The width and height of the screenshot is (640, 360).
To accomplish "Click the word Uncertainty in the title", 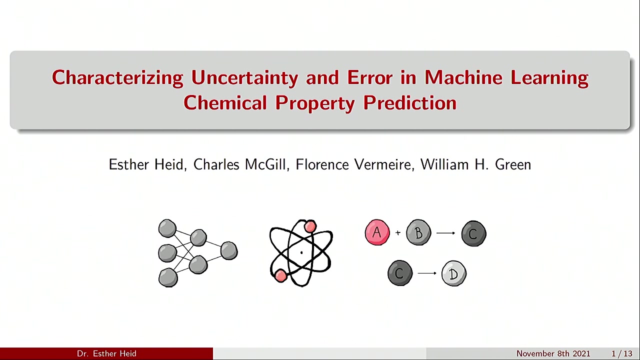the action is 244,78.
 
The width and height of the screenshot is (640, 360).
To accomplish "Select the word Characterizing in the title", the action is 117,78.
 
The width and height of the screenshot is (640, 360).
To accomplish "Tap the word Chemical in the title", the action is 225,103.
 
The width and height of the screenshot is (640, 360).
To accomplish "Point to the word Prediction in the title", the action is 410,103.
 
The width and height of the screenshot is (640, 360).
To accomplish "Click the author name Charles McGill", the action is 239,164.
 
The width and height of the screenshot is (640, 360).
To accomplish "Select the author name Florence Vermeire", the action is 353,164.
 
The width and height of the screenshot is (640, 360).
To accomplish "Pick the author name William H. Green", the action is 475,164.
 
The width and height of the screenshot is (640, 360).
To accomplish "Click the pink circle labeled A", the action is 377,232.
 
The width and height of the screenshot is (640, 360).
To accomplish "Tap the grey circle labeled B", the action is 418,232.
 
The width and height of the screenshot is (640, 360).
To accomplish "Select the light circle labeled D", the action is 453,273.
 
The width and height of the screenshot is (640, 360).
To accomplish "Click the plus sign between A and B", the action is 397,233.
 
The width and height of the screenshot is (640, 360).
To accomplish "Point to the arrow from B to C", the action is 445,233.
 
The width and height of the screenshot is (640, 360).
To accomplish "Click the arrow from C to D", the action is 427,273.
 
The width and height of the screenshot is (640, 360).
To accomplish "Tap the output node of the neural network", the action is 229,250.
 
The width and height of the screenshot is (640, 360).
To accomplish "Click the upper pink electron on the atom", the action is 310,226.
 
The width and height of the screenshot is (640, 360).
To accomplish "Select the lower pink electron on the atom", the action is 280,275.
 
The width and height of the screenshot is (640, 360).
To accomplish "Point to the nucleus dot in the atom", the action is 301,252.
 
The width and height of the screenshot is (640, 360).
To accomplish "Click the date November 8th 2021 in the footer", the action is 553,353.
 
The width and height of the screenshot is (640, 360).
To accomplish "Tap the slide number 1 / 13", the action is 622,353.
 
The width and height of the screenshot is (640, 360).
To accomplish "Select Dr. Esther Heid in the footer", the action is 106,353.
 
